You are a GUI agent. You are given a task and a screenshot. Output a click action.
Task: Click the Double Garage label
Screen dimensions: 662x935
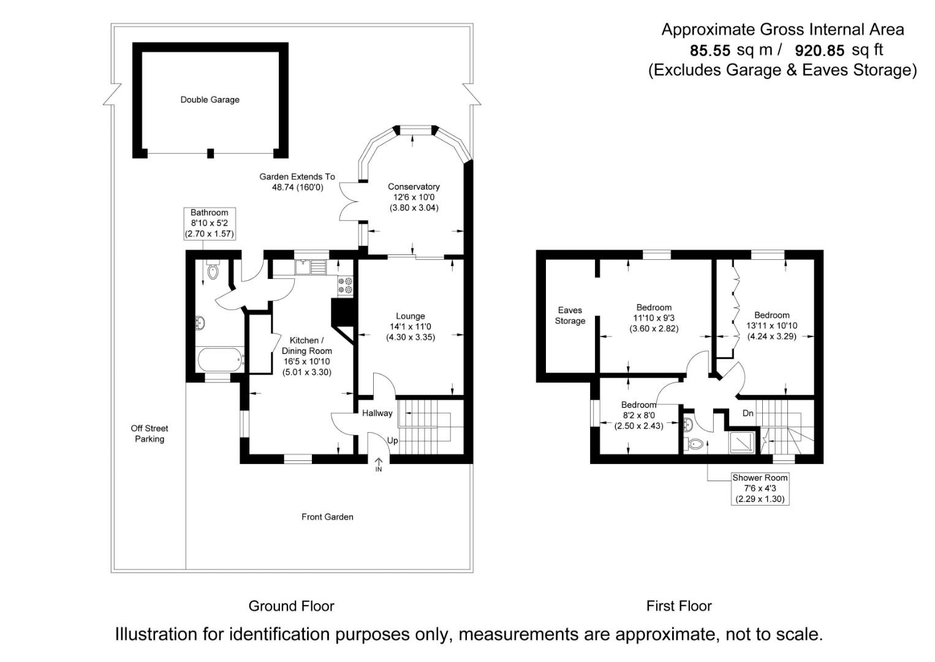[210, 100]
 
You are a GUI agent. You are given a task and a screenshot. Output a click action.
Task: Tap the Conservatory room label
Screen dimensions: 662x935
[414, 187]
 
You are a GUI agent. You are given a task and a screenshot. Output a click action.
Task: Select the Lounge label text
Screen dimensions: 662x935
[411, 316]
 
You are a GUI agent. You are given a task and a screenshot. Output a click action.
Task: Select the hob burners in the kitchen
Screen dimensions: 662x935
[345, 284]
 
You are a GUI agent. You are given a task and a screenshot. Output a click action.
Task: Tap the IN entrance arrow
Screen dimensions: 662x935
[379, 465]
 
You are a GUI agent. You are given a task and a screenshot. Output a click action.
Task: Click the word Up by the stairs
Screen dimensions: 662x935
[392, 441]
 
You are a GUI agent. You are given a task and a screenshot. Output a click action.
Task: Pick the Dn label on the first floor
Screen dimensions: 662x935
[748, 414]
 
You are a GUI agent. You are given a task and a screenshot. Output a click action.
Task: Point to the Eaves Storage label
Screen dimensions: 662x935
[570, 316]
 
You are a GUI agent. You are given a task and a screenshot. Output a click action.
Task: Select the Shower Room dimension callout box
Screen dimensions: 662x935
[760, 489]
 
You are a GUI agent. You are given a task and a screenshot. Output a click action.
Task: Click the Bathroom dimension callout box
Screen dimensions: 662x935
[209, 223]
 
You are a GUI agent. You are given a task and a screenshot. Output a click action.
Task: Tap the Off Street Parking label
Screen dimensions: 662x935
[150, 433]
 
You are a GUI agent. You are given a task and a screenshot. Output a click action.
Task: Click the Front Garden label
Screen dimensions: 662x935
[327, 517]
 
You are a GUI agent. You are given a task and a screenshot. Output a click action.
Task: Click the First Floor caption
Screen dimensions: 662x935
[679, 606]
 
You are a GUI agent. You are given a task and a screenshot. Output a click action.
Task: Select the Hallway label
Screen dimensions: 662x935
[377, 413]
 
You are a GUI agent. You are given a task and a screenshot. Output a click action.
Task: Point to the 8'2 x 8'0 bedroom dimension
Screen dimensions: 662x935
[639, 415]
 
